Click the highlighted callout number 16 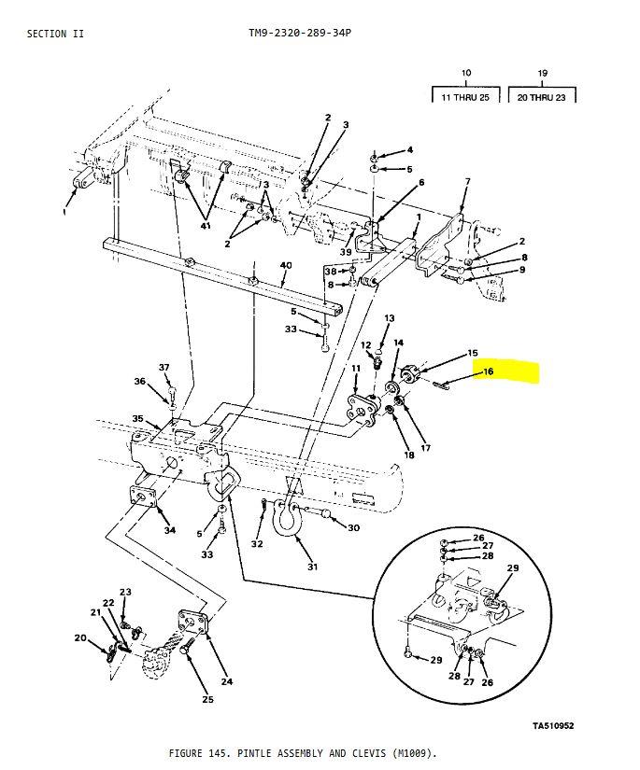488,371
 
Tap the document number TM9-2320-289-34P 300,33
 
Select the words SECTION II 55,34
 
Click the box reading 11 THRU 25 465,95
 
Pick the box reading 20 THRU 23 542,95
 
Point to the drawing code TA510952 553,725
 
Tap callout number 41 206,226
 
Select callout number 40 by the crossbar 286,266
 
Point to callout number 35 137,419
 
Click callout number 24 227,681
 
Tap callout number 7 467,182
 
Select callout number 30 353,528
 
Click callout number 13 390,318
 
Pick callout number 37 164,368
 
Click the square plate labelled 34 143,496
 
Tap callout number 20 80,637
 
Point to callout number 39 346,252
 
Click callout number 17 426,448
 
